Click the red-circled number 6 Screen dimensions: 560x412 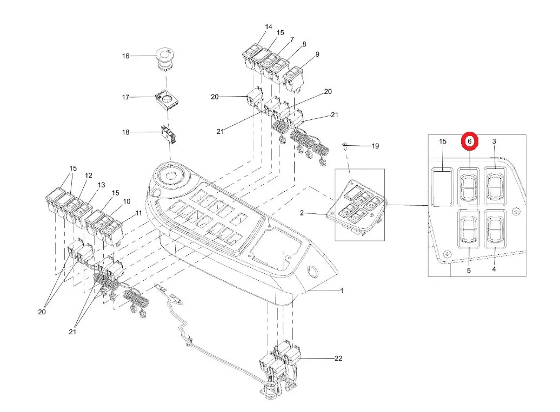[470, 141]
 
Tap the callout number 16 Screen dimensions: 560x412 [126, 56]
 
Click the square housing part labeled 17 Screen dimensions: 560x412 [167, 99]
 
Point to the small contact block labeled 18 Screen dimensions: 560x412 [169, 134]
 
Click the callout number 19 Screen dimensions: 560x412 [375, 146]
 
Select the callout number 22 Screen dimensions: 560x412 [338, 358]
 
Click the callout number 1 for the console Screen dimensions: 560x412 [342, 291]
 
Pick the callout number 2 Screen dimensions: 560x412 [302, 213]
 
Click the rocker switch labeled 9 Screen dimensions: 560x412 [294, 78]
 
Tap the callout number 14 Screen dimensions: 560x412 [269, 27]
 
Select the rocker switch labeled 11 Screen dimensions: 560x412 [114, 233]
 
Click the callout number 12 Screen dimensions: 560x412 [89, 175]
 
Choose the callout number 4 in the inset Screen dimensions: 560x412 [494, 269]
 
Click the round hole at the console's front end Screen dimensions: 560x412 [312, 271]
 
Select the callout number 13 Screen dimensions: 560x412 [102, 185]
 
